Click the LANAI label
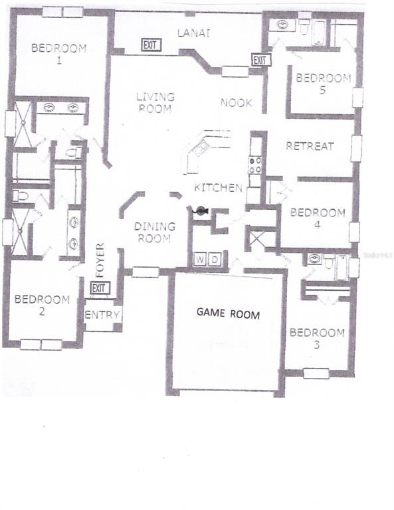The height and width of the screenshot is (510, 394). tap(193, 33)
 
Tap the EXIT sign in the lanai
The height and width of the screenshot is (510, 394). tap(151, 45)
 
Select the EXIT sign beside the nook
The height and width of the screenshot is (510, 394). tap(261, 60)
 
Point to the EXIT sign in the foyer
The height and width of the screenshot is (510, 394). tap(100, 288)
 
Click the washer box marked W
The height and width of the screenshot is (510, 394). tap(201, 260)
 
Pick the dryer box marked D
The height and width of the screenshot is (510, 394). tap(215, 260)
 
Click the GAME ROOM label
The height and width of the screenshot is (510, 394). tap(228, 313)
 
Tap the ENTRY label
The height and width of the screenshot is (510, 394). tap(102, 315)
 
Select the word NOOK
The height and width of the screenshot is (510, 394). tap(237, 103)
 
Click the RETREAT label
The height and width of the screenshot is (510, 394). tap(310, 146)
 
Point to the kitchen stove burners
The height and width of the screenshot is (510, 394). tap(254, 165)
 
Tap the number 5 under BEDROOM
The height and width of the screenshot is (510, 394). tap(322, 90)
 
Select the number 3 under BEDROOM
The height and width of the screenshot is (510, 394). tap(316, 345)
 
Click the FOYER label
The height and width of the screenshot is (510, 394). tap(100, 260)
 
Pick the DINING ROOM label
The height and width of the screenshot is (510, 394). tap(155, 232)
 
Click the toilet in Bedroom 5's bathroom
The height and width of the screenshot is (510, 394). tap(304, 27)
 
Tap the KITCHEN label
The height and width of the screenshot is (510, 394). tap(218, 188)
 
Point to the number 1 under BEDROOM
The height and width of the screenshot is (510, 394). tap(59, 60)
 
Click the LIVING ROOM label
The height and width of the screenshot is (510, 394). tap(155, 102)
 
